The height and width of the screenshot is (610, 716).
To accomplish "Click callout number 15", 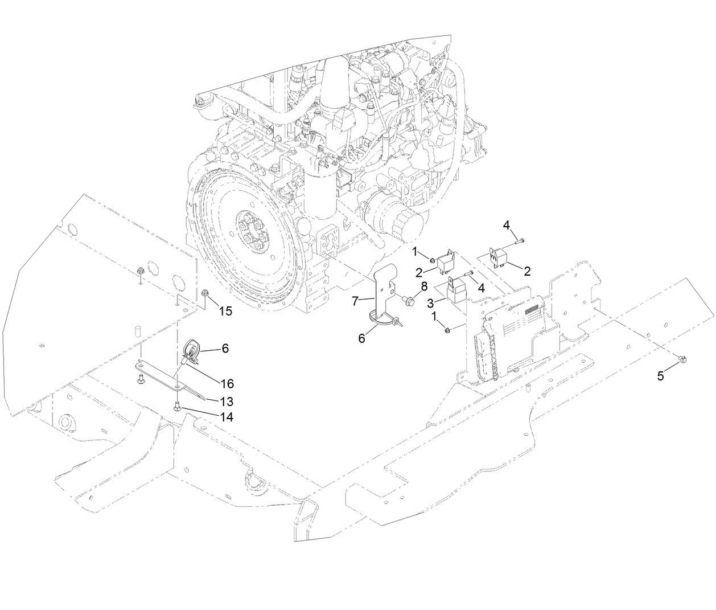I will tap(225, 312).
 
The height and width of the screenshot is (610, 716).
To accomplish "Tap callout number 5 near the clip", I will tap(660, 376).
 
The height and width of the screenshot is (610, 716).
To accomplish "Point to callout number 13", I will tap(227, 401).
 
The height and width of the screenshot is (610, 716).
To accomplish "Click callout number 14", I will tap(227, 417).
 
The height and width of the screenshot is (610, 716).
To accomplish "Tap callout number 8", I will tap(424, 286).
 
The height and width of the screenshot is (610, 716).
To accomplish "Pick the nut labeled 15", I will tap(205, 294).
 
